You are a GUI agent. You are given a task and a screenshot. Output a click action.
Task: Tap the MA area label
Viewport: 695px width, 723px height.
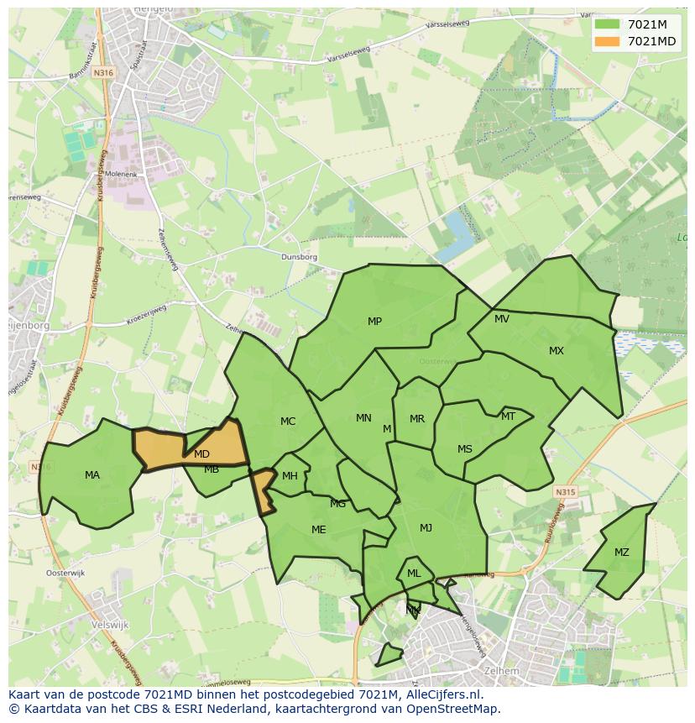92,475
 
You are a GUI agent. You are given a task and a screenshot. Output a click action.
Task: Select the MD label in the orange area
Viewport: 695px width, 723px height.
201,454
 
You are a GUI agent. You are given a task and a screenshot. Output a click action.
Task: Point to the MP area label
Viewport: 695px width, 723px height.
374,322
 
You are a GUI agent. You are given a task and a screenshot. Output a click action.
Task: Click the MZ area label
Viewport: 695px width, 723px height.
621,553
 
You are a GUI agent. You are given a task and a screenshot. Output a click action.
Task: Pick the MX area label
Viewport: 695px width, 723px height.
557,351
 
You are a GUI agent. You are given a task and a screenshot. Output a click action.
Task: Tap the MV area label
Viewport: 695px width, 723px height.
502,319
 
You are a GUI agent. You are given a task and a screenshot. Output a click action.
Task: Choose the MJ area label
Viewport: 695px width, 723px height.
426,528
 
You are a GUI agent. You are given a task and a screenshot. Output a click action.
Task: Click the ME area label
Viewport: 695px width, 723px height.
318,530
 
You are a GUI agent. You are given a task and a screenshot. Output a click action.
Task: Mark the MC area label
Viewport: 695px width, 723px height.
288,422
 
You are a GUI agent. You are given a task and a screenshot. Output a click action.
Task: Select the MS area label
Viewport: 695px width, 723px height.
465,449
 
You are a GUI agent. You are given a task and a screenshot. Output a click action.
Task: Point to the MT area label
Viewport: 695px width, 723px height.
508,417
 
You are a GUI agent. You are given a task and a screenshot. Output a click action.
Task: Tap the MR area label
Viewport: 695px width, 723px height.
417,419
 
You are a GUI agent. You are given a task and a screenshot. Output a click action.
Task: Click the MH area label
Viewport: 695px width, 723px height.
290,476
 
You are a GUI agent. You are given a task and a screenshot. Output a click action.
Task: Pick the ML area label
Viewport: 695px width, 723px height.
414,574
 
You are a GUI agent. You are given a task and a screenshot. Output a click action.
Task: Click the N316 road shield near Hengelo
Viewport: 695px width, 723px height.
103,73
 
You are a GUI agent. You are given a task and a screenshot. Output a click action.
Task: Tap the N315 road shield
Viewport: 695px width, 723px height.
565,493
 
